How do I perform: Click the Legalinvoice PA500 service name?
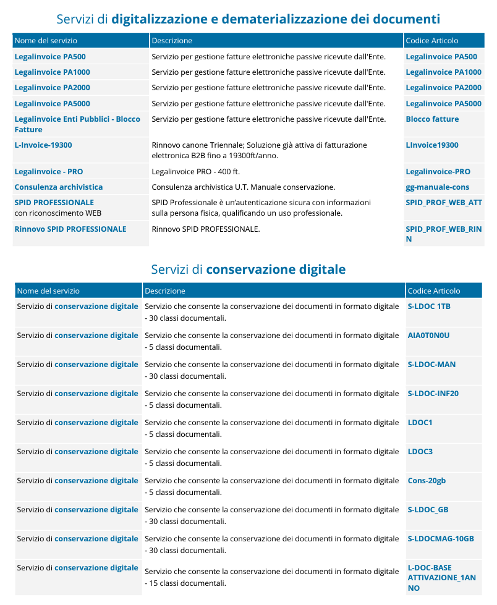coord(50,57)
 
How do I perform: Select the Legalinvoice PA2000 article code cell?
coord(443,88)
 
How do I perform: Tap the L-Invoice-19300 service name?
coord(43,145)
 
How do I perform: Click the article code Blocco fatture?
coord(432,119)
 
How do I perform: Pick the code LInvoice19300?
coord(432,145)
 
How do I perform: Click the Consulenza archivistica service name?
coord(59,187)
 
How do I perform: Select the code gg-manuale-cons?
coord(437,187)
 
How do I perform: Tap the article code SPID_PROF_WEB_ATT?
coord(444,203)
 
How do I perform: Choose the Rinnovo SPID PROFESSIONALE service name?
coord(70,229)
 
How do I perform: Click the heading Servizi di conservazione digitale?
coord(248,269)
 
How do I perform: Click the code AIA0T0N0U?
coord(428,336)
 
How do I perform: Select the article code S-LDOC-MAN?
coord(431,365)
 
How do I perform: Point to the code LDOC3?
coord(420,452)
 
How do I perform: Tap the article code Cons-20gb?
coord(427,481)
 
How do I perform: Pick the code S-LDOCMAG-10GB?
coord(441,539)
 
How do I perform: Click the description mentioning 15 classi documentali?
coord(272,578)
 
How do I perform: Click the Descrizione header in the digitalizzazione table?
coord(172,41)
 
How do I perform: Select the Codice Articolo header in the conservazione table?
coord(434,291)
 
